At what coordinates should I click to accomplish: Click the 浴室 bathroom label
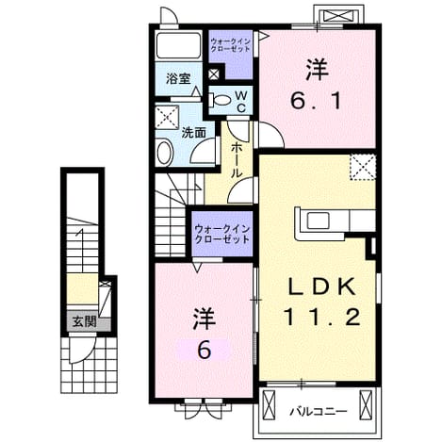click(x=178, y=78)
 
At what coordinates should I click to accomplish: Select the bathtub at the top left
click(x=178, y=45)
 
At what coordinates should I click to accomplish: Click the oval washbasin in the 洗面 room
click(x=164, y=153)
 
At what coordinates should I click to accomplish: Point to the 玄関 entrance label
click(x=84, y=321)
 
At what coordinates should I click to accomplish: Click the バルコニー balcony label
click(x=318, y=411)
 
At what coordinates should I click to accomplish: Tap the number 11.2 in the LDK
click(x=321, y=317)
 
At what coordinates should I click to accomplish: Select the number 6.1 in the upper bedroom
click(x=316, y=101)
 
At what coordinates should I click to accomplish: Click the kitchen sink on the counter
click(x=318, y=221)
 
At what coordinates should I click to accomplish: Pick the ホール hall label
click(x=237, y=160)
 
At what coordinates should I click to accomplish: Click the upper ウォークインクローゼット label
click(x=230, y=45)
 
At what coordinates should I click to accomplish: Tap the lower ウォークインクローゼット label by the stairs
click(x=221, y=234)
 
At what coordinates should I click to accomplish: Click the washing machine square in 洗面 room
click(x=167, y=117)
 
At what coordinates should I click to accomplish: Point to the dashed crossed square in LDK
click(x=363, y=167)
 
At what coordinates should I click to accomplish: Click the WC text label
click(x=241, y=101)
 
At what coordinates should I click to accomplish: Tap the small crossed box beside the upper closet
click(x=214, y=74)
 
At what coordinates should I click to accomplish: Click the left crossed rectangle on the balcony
click(x=269, y=405)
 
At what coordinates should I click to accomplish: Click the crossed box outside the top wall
click(x=338, y=16)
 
